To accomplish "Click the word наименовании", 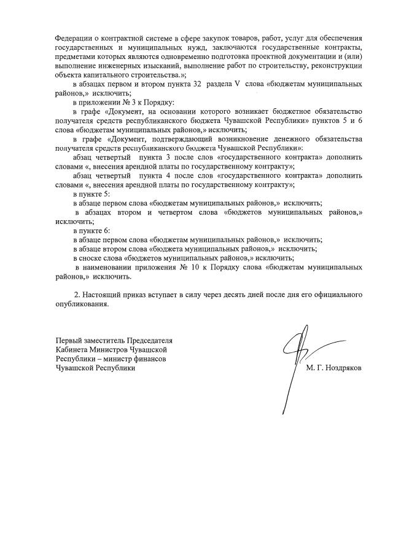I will (x=110, y=268).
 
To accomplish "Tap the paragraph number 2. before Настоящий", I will (x=77, y=295).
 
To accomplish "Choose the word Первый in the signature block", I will (x=69, y=340).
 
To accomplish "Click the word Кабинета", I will (x=71, y=349).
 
